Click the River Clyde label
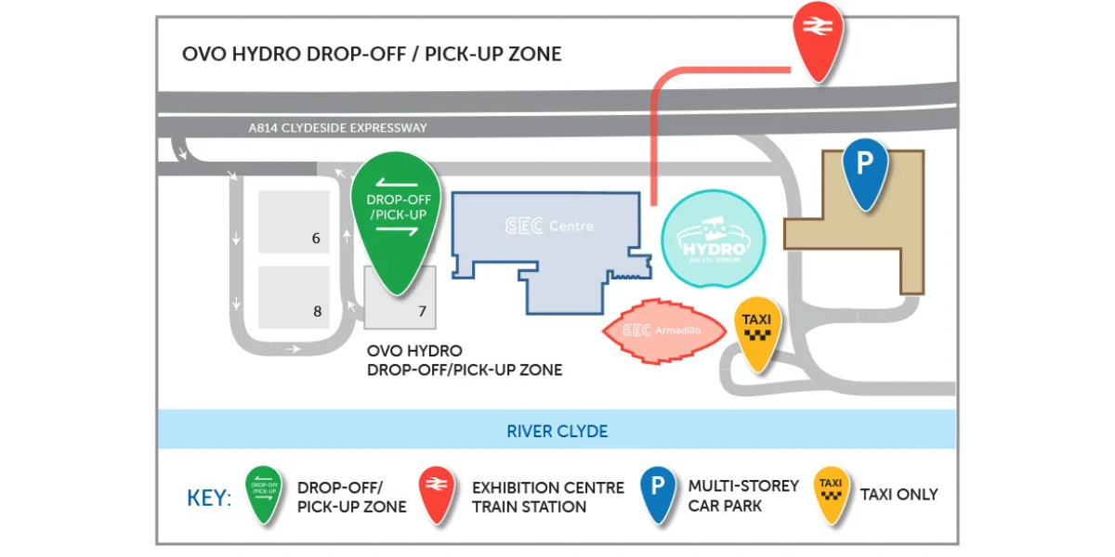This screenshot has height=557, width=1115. click(x=557, y=431)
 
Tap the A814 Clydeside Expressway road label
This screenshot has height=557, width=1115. click(x=337, y=128)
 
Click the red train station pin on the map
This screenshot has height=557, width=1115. click(x=818, y=40)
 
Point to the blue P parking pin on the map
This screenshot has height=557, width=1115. click(x=866, y=172)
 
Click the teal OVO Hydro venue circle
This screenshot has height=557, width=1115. click(x=714, y=239)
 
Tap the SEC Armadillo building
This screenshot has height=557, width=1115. click(x=664, y=330)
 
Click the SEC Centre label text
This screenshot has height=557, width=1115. click(x=549, y=226)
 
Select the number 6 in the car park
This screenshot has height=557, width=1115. click(x=316, y=239)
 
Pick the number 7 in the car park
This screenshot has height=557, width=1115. click(x=422, y=311)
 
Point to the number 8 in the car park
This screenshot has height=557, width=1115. click(x=317, y=311)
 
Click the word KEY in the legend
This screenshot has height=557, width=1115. click(x=208, y=498)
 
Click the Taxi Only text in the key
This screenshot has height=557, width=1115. click(x=899, y=494)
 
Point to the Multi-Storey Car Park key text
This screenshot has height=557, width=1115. click(x=743, y=496)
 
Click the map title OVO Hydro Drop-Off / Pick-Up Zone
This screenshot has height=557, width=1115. click(x=372, y=54)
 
